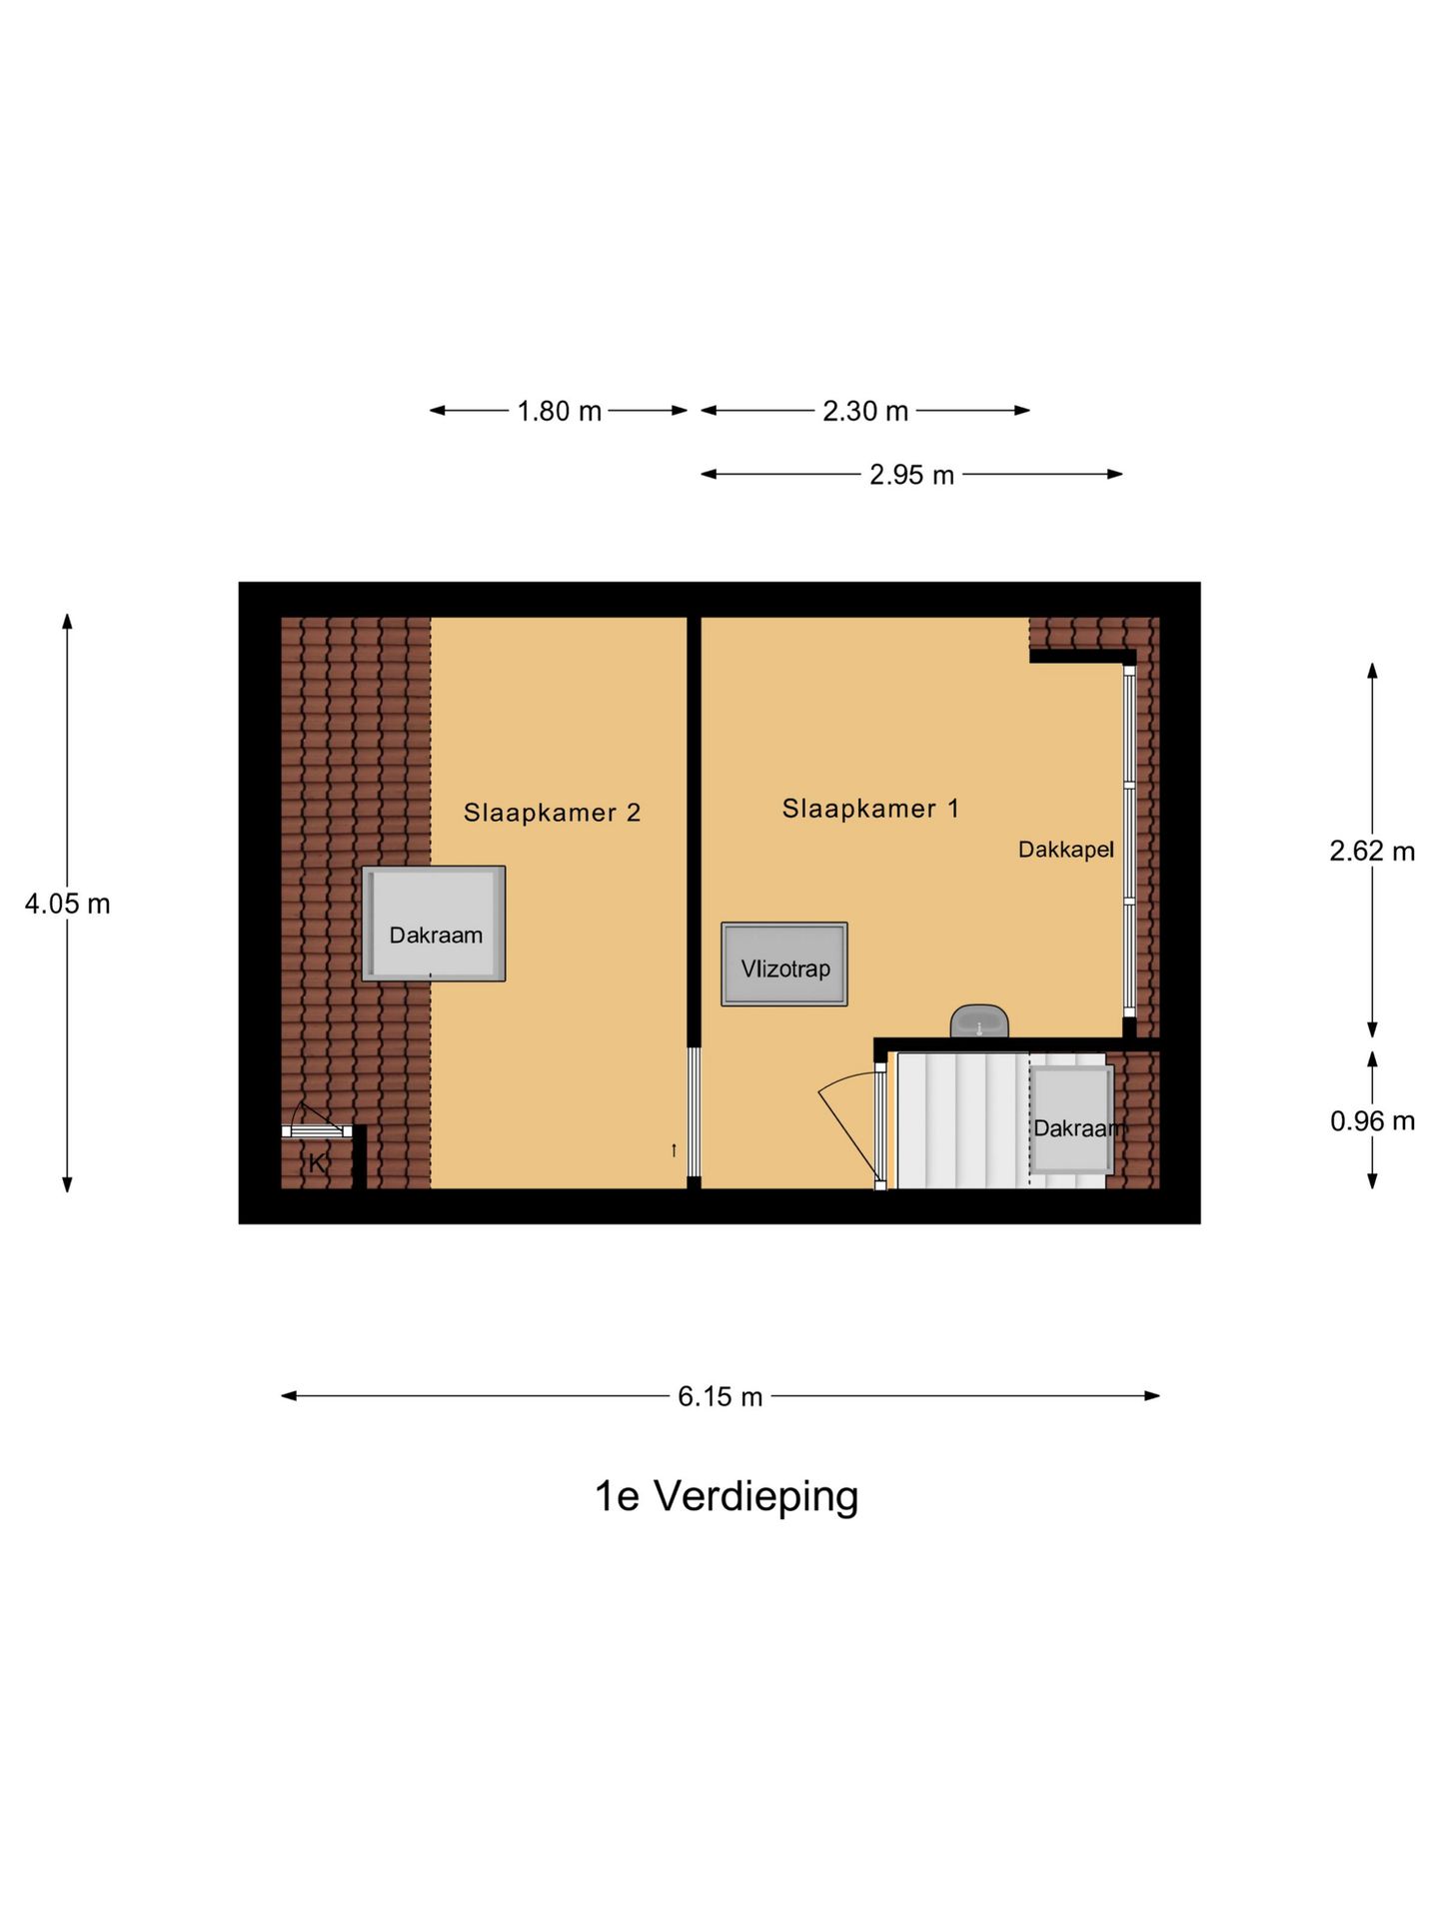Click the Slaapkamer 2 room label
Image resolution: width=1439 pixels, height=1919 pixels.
coord(552,813)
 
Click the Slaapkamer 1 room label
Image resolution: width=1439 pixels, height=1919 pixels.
coord(869,809)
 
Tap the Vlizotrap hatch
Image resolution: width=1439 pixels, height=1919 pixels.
coord(784,964)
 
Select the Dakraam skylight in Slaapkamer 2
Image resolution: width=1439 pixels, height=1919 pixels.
coord(434,924)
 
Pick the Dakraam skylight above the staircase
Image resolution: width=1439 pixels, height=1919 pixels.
coord(1071,1119)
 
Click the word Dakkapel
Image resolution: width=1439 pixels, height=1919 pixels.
coord(1065,850)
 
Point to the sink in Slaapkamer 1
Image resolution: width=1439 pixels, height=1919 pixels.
coord(978,1022)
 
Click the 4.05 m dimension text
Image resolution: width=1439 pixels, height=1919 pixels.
coord(67,904)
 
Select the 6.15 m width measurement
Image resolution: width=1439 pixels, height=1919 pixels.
coord(719,1396)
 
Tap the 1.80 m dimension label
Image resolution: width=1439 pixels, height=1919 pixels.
coord(559,411)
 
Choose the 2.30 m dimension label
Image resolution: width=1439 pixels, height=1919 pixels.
coord(864,411)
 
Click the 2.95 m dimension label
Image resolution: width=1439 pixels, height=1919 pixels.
coord(911,475)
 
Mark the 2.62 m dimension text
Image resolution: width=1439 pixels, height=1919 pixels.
coord(1371,851)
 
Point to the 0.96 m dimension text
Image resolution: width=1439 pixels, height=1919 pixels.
coord(1371,1121)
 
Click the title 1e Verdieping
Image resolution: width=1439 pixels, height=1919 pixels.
coord(726,1496)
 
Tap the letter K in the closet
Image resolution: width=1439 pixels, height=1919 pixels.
coord(317,1163)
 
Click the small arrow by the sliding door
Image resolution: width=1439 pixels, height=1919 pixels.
coord(674,1150)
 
